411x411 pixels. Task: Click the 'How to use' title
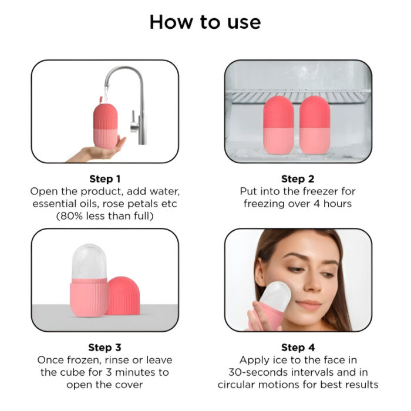click(205, 22)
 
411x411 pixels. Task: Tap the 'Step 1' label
click(105, 178)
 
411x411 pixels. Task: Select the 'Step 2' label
click(298, 178)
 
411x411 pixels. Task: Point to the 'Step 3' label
click(105, 348)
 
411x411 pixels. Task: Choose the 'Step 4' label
click(298, 348)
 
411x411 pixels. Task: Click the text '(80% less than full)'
click(105, 216)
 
